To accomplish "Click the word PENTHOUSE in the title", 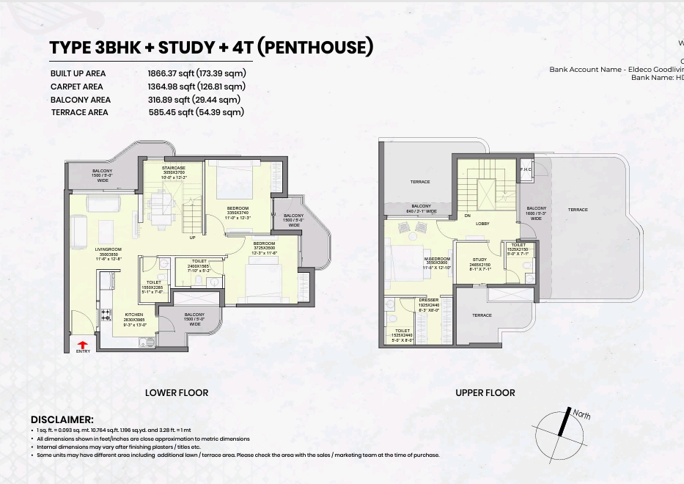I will coord(317,48).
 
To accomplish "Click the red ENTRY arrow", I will coord(82,343).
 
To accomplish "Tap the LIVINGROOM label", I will coord(108,249).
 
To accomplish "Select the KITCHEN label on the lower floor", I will coord(134,314).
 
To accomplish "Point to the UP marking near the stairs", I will coord(192,238).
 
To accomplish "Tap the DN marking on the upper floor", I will coord(467,216).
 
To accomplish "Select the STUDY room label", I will coord(479,260).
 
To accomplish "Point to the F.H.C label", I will coord(526,169).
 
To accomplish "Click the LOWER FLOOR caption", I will coord(177,393).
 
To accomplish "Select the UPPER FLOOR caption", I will coord(485,393).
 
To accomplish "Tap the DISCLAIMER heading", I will coord(62,419).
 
